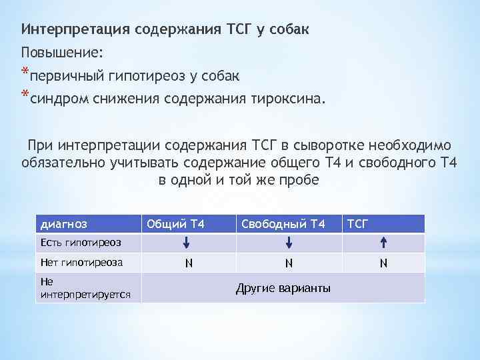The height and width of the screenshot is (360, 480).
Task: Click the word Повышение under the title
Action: (x=62, y=52)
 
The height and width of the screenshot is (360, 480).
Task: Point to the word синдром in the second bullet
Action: (x=57, y=99)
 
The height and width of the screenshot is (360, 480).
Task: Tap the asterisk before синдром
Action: (x=25, y=95)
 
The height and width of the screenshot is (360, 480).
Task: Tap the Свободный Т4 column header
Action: (x=283, y=223)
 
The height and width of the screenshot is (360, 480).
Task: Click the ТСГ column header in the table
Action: (x=357, y=223)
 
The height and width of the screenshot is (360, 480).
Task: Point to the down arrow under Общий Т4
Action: (x=189, y=243)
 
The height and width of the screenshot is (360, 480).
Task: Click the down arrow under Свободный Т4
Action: (x=289, y=243)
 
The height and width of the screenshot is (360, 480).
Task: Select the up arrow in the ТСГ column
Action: (x=383, y=243)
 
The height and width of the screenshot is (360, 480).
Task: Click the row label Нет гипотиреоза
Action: (x=82, y=263)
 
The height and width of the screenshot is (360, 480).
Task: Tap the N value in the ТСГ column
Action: (x=383, y=263)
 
